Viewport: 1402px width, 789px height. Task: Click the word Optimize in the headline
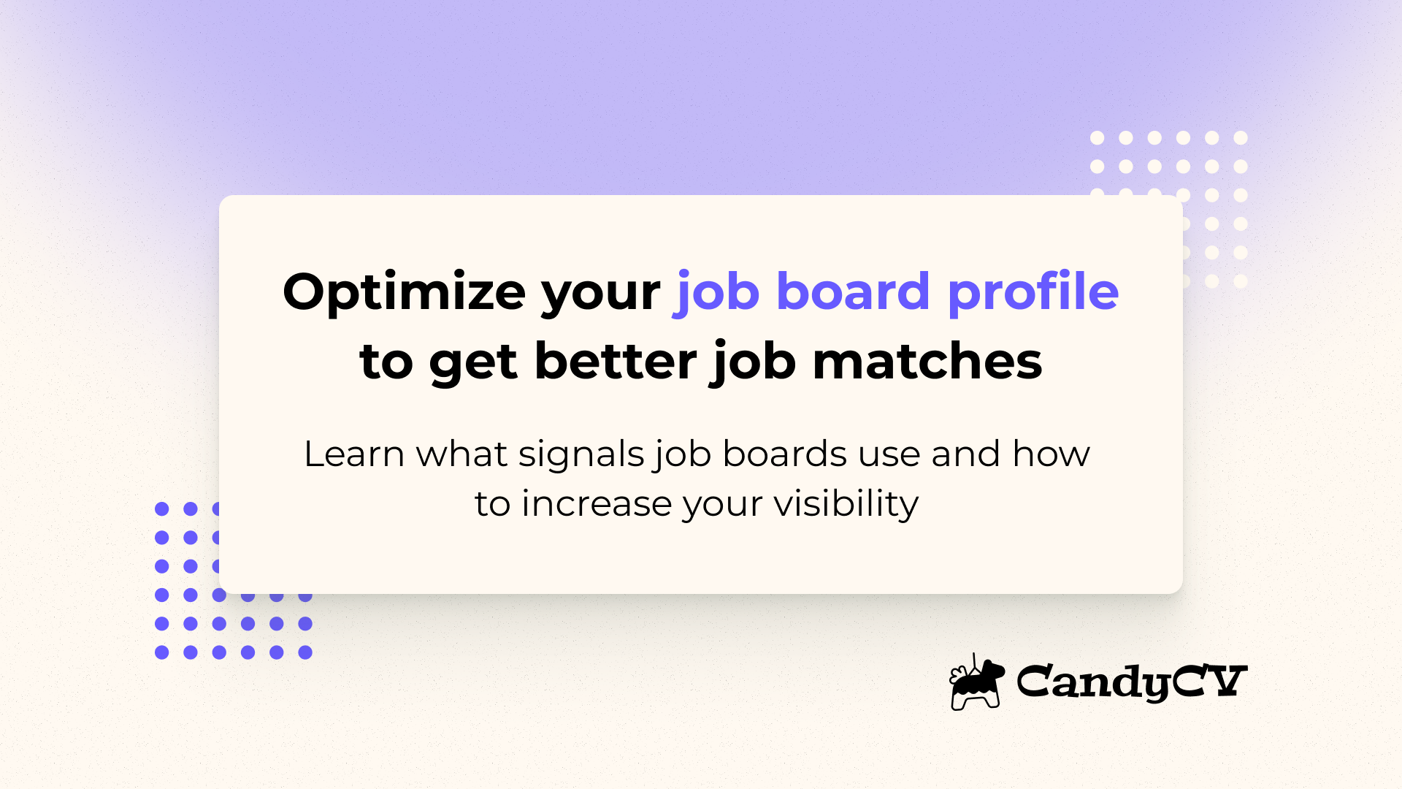pos(403,292)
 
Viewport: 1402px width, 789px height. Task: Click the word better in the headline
pos(616,362)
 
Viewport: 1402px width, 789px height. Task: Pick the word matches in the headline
pos(927,362)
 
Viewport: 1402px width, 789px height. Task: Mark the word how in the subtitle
pos(1051,454)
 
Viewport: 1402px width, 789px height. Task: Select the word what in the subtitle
pos(461,454)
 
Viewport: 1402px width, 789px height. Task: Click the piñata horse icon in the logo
pos(976,682)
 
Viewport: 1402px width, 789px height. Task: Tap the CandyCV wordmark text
pos(1131,682)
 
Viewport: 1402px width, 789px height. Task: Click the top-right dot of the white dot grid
pos(1240,137)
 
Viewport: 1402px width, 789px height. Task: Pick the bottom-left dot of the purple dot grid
pos(162,652)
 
